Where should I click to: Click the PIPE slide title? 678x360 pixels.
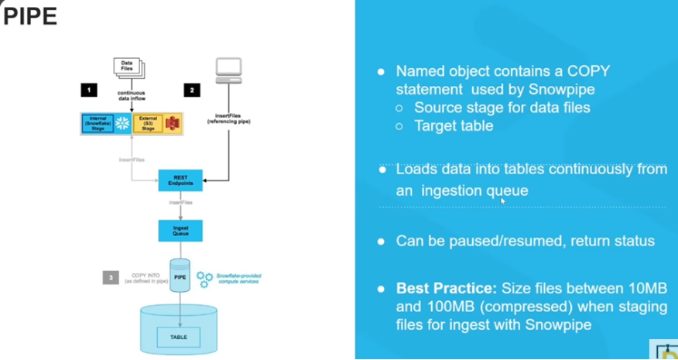click(31, 17)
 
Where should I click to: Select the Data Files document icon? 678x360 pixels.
click(129, 67)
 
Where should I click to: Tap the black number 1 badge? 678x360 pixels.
click(91, 91)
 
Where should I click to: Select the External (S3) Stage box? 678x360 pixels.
click(147, 123)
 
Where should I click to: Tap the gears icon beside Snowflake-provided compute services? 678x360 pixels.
click(205, 278)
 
